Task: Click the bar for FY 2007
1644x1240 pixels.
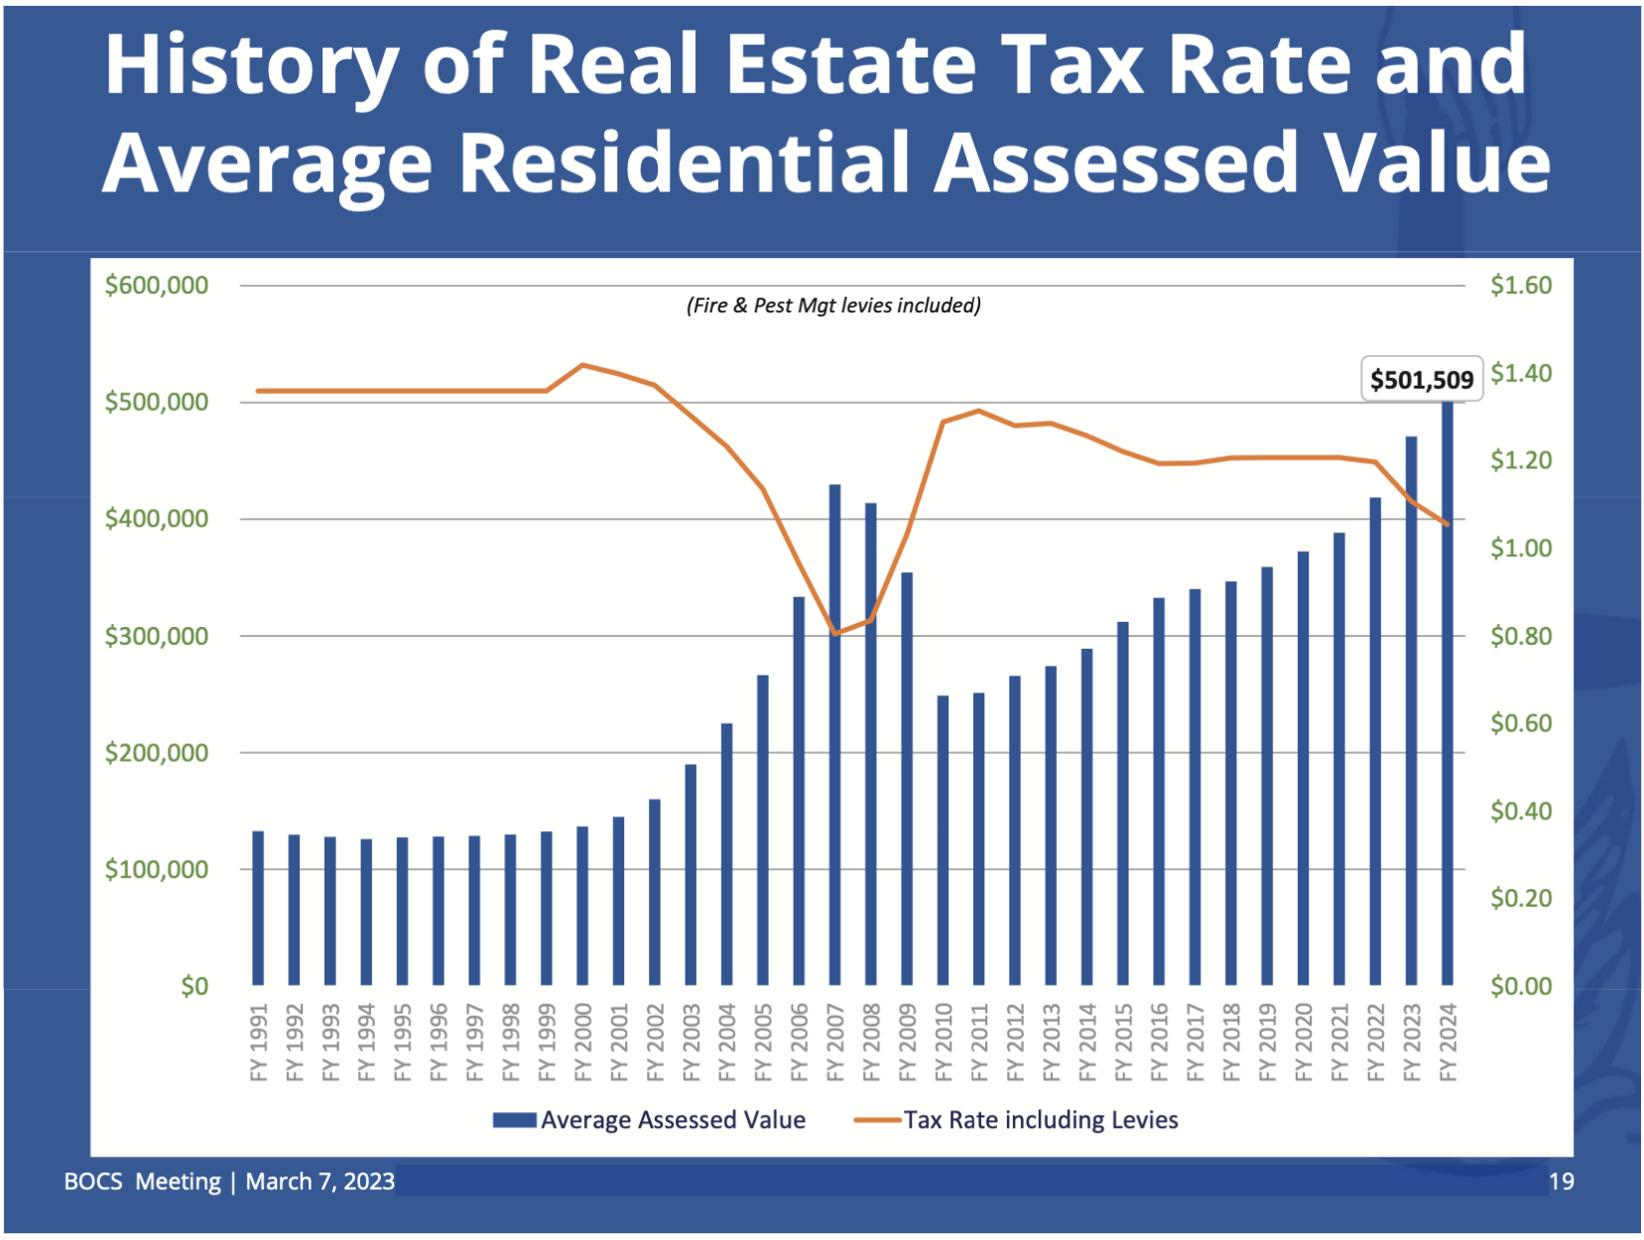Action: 834,734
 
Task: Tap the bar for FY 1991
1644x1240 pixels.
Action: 258,908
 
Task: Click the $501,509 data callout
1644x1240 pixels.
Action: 1421,380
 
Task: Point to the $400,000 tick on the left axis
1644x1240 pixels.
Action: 157,519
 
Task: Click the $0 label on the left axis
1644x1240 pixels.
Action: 194,986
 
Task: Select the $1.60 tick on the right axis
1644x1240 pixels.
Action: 1520,286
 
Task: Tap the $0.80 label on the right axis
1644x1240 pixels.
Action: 1520,636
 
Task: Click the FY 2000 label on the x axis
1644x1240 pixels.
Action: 583,1042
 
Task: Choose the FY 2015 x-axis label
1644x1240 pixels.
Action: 1123,1042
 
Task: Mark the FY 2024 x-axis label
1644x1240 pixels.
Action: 1448,1042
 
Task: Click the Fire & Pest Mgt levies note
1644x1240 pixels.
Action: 833,306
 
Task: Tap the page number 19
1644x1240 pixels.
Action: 1561,1181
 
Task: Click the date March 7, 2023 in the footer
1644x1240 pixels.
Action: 319,1181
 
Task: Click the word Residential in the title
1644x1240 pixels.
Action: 684,162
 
